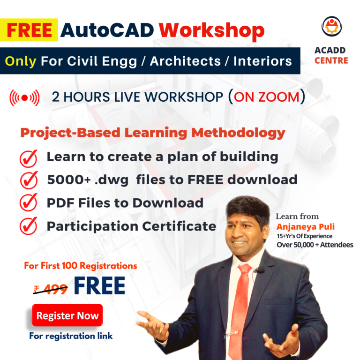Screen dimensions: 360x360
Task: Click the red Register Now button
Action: (x=67, y=315)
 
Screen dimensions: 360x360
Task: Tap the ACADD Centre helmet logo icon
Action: (x=331, y=26)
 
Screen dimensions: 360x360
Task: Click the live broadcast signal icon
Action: (x=24, y=98)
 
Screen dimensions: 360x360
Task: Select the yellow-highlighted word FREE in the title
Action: (x=29, y=30)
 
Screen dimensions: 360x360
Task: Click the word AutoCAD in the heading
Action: (x=107, y=30)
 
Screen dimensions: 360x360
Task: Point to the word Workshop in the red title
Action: (x=211, y=31)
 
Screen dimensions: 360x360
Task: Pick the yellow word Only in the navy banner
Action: (x=21, y=61)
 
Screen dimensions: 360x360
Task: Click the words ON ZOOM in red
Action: (x=267, y=97)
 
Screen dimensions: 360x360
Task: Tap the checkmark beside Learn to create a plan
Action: (x=29, y=158)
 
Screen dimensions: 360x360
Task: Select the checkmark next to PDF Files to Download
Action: (x=29, y=202)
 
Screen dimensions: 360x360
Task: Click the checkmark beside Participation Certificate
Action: (x=29, y=226)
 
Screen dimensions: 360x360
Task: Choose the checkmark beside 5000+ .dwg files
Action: (x=29, y=180)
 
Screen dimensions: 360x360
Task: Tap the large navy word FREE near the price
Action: (x=99, y=285)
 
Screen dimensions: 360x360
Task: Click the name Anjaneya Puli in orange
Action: (x=306, y=227)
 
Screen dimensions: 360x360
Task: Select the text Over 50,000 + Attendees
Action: (x=315, y=245)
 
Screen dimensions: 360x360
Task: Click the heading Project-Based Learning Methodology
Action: (x=153, y=133)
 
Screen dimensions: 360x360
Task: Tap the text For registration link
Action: (x=71, y=336)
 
